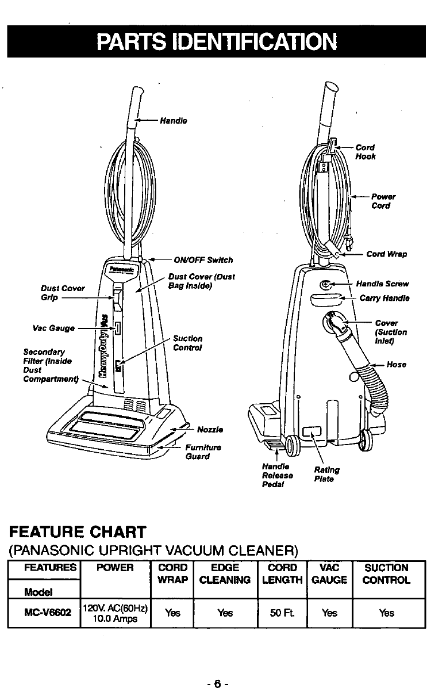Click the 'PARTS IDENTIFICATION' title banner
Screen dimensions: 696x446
(217, 41)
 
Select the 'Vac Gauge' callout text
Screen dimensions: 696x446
(54, 328)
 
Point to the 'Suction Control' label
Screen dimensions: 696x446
(188, 343)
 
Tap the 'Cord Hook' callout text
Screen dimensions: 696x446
(366, 152)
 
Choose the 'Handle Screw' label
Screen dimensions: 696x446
(382, 284)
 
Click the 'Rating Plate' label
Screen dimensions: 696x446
(327, 475)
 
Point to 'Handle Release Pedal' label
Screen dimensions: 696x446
(276, 476)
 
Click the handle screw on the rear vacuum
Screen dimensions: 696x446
(325, 284)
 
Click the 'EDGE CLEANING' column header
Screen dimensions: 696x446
(225, 573)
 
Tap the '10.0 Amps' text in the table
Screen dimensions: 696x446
(116, 618)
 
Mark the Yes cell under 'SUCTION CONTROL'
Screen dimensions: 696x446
(387, 613)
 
